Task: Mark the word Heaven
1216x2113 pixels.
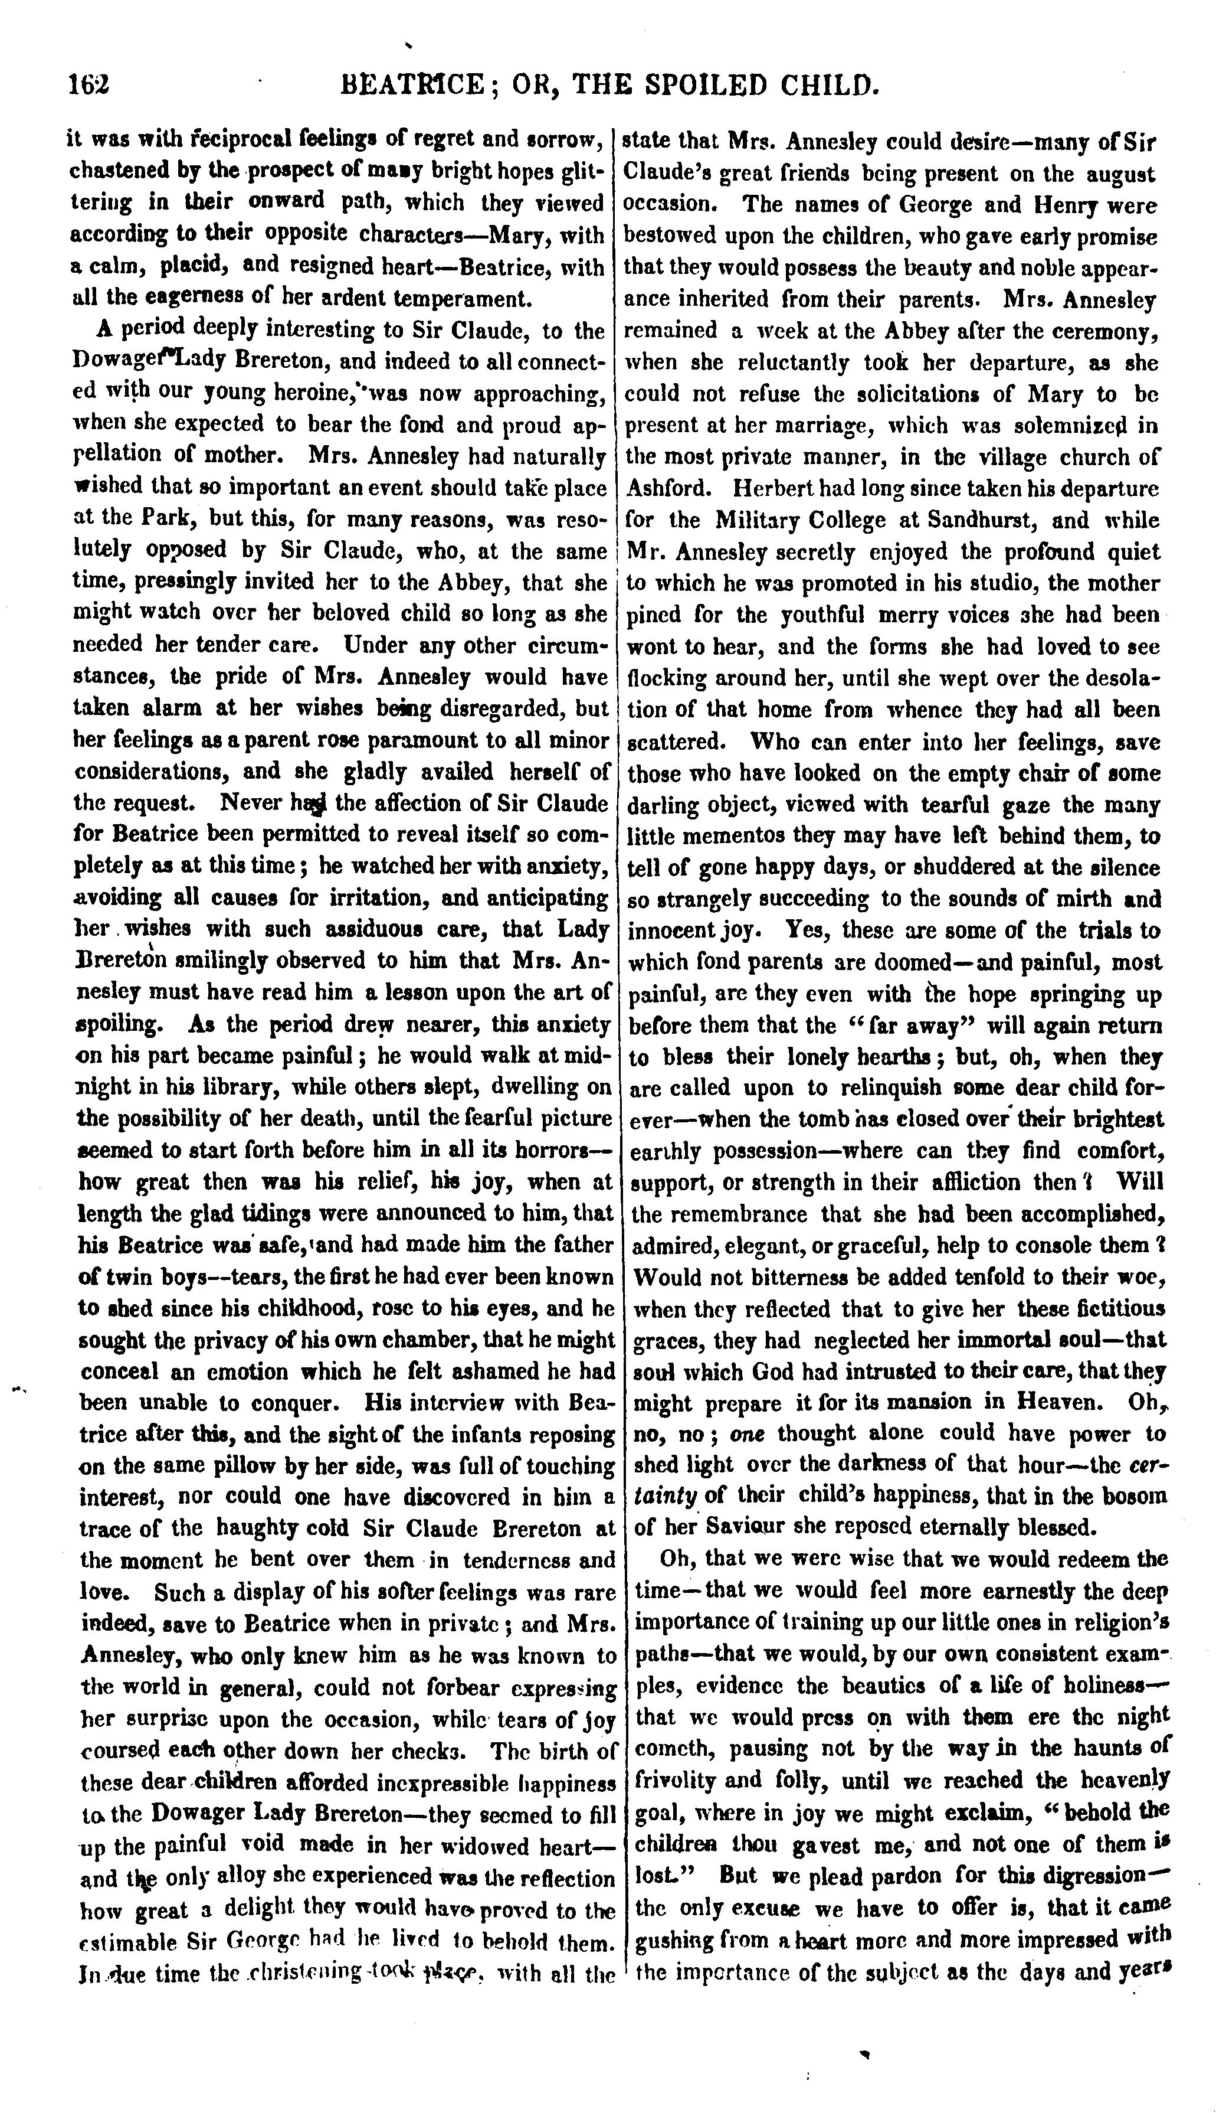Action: (1058, 1402)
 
